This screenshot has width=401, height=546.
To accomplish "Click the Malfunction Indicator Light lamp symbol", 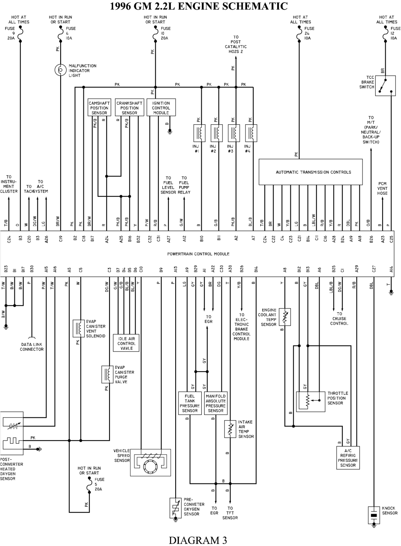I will point(61,70).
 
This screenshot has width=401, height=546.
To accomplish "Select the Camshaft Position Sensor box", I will point(99,108).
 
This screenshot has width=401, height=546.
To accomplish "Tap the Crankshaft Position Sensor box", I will point(129,108).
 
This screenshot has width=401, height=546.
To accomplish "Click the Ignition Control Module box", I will point(161,108).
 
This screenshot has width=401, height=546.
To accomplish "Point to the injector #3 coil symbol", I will point(234,133).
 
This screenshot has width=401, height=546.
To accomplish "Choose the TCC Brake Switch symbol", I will point(385,86).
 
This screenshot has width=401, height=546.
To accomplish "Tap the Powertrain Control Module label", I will point(198,254).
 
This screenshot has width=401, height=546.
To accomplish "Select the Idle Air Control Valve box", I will point(126,343).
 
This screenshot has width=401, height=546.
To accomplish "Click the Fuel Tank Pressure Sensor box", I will point(190,403).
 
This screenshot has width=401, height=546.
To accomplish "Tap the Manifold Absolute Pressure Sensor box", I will point(216,403).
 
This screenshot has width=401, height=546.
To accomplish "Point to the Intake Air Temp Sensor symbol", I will point(230,429).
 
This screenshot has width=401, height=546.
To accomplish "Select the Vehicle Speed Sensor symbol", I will point(150,463).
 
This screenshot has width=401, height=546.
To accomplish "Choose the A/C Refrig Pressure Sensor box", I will point(348,457).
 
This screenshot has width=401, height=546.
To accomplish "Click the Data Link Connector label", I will point(32,347).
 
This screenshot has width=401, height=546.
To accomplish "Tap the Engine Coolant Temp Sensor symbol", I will point(285,317).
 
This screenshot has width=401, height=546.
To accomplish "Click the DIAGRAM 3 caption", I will point(198,540).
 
